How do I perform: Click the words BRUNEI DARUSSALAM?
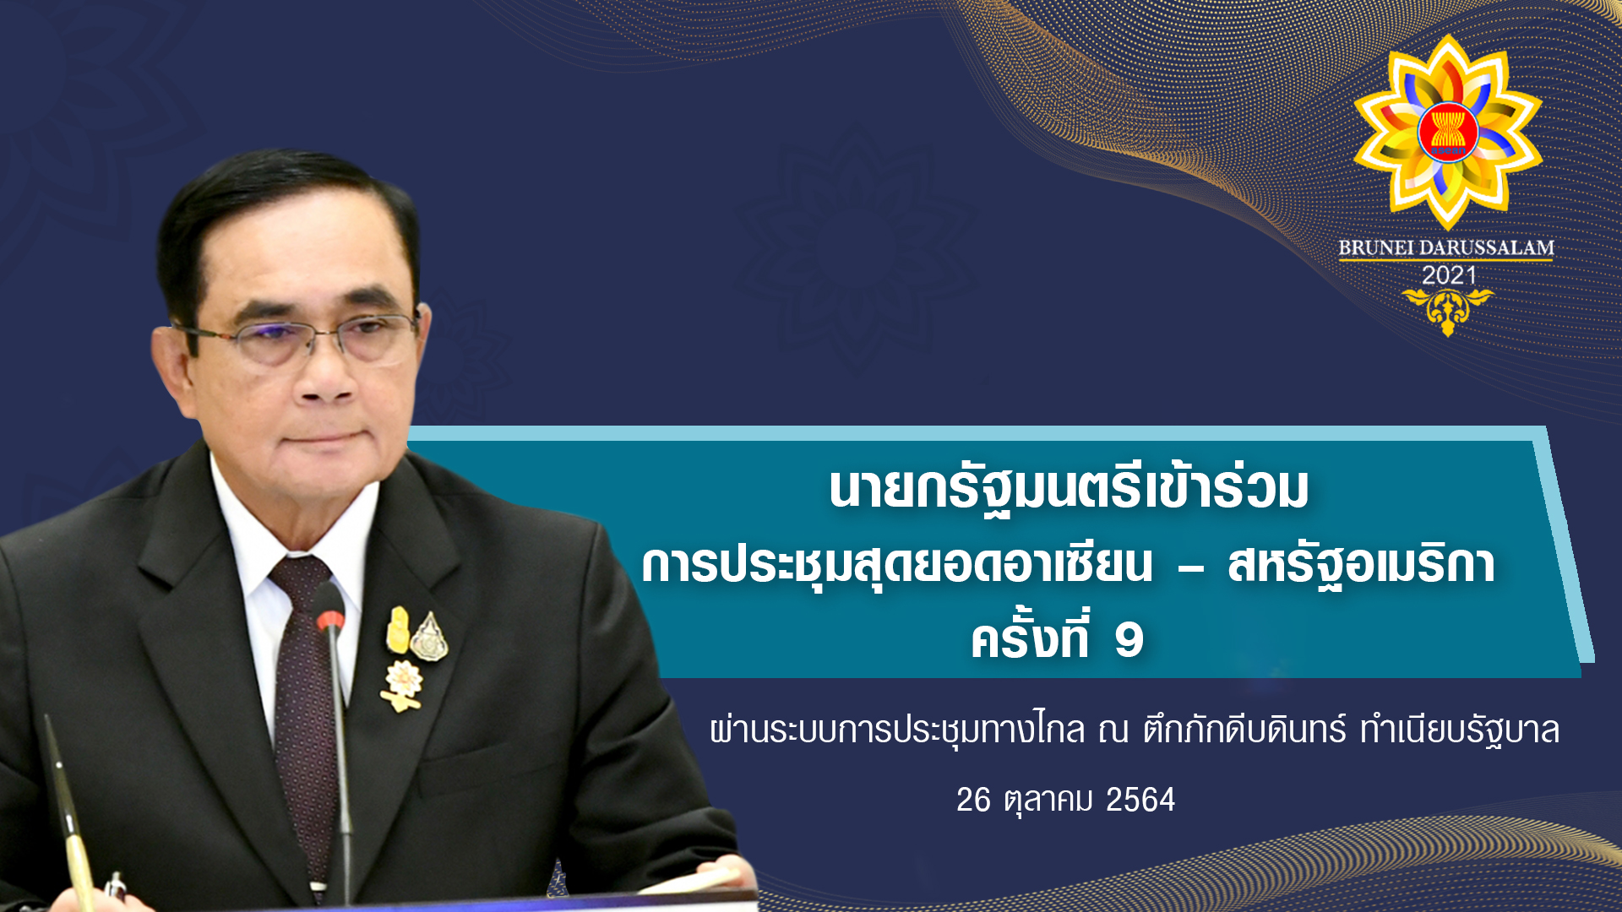[1446, 248]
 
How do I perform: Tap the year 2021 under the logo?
[1449, 275]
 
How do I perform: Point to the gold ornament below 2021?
[1448, 311]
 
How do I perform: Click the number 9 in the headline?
[1129, 640]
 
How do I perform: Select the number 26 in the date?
[973, 800]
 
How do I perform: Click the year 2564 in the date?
[1140, 800]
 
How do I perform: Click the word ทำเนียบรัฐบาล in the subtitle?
[1460, 730]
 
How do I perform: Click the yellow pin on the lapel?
[397, 631]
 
